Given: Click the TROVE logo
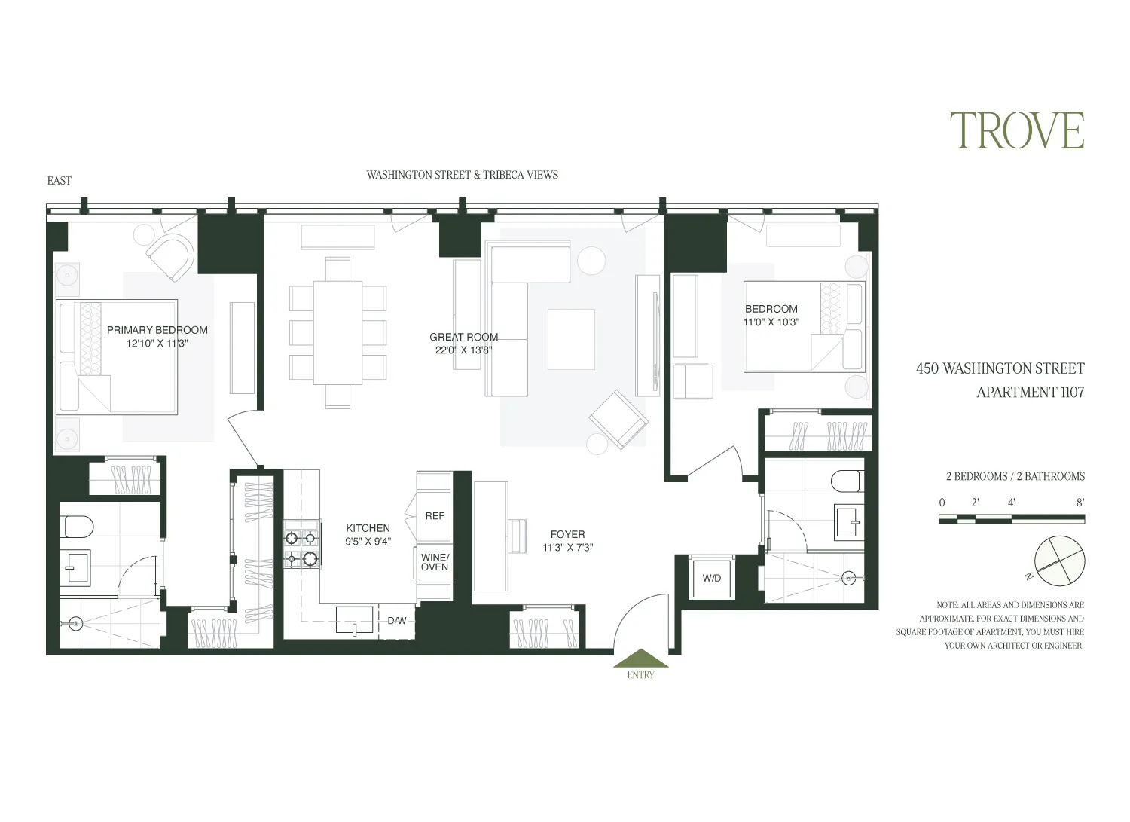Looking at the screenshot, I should pyautogui.click(x=1016, y=131).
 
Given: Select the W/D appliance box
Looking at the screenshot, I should pyautogui.click(x=711, y=578).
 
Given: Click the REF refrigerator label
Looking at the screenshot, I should pyautogui.click(x=435, y=516).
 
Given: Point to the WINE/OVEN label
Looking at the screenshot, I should pyautogui.click(x=435, y=562).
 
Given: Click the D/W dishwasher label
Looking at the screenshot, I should pyautogui.click(x=397, y=621).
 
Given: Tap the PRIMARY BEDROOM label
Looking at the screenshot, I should pyautogui.click(x=157, y=330).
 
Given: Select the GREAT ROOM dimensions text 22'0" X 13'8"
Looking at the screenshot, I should pyautogui.click(x=463, y=350).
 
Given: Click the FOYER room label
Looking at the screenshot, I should pyautogui.click(x=567, y=534).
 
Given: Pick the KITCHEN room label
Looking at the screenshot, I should pyautogui.click(x=368, y=528).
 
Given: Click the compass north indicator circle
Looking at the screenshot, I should pyautogui.click(x=1060, y=561).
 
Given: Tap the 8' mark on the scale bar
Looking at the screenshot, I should pyautogui.click(x=1080, y=503).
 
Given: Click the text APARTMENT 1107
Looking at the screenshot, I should pyautogui.click(x=1030, y=392).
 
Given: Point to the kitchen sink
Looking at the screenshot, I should pyautogui.click(x=354, y=619).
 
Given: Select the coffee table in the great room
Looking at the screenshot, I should pyautogui.click(x=571, y=339).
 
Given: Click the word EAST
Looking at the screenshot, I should pyautogui.click(x=60, y=181).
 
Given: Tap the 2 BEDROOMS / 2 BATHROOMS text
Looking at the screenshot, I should pyautogui.click(x=1015, y=476).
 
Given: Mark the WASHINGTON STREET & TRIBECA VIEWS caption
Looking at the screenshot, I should pyautogui.click(x=462, y=175).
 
